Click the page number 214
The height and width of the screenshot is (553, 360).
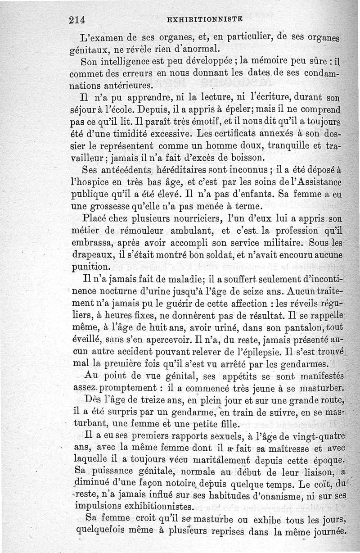point(77,20)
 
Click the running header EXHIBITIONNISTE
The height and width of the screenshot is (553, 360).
point(204,19)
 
